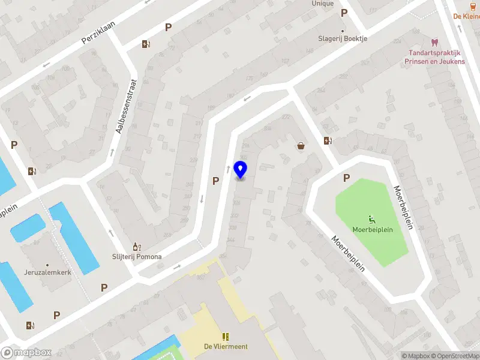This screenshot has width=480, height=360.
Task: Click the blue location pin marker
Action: click(241, 170)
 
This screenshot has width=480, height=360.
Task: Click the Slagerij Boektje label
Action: click(343, 38)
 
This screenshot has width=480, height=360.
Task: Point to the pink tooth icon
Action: click(434, 43)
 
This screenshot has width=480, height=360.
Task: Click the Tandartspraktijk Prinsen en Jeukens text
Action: click(434, 57)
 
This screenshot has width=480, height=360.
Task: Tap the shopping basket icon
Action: click(301, 145)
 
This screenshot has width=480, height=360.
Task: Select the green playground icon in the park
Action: click(371, 219)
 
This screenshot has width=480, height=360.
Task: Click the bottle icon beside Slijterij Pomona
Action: click(136, 247)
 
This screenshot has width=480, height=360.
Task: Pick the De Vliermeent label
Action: click(226, 346)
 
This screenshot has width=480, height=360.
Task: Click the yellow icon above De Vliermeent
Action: click(226, 337)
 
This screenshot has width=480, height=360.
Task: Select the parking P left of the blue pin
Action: click(215, 180)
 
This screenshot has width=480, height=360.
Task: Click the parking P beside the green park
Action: click(346, 178)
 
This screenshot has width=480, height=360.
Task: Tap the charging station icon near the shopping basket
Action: click(327, 141)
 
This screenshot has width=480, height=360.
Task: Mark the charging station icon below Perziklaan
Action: click(145, 44)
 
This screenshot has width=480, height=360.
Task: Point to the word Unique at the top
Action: click(322, 4)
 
